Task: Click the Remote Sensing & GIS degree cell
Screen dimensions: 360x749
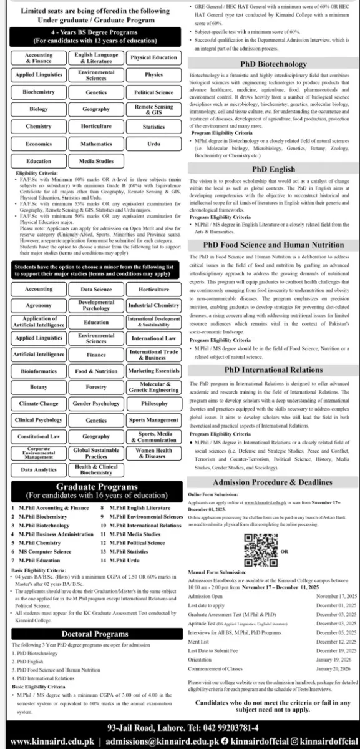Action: (x=153, y=109)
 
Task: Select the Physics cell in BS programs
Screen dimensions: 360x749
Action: (x=153, y=75)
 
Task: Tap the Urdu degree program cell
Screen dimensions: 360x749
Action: (x=153, y=144)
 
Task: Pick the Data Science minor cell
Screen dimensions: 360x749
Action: (x=96, y=290)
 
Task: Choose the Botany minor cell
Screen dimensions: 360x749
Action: (x=38, y=387)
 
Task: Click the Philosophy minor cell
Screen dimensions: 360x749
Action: (x=153, y=404)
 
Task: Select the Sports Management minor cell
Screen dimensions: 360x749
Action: (x=153, y=420)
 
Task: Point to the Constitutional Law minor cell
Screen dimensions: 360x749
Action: (x=38, y=436)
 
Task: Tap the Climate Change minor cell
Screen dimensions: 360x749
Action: (x=38, y=404)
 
